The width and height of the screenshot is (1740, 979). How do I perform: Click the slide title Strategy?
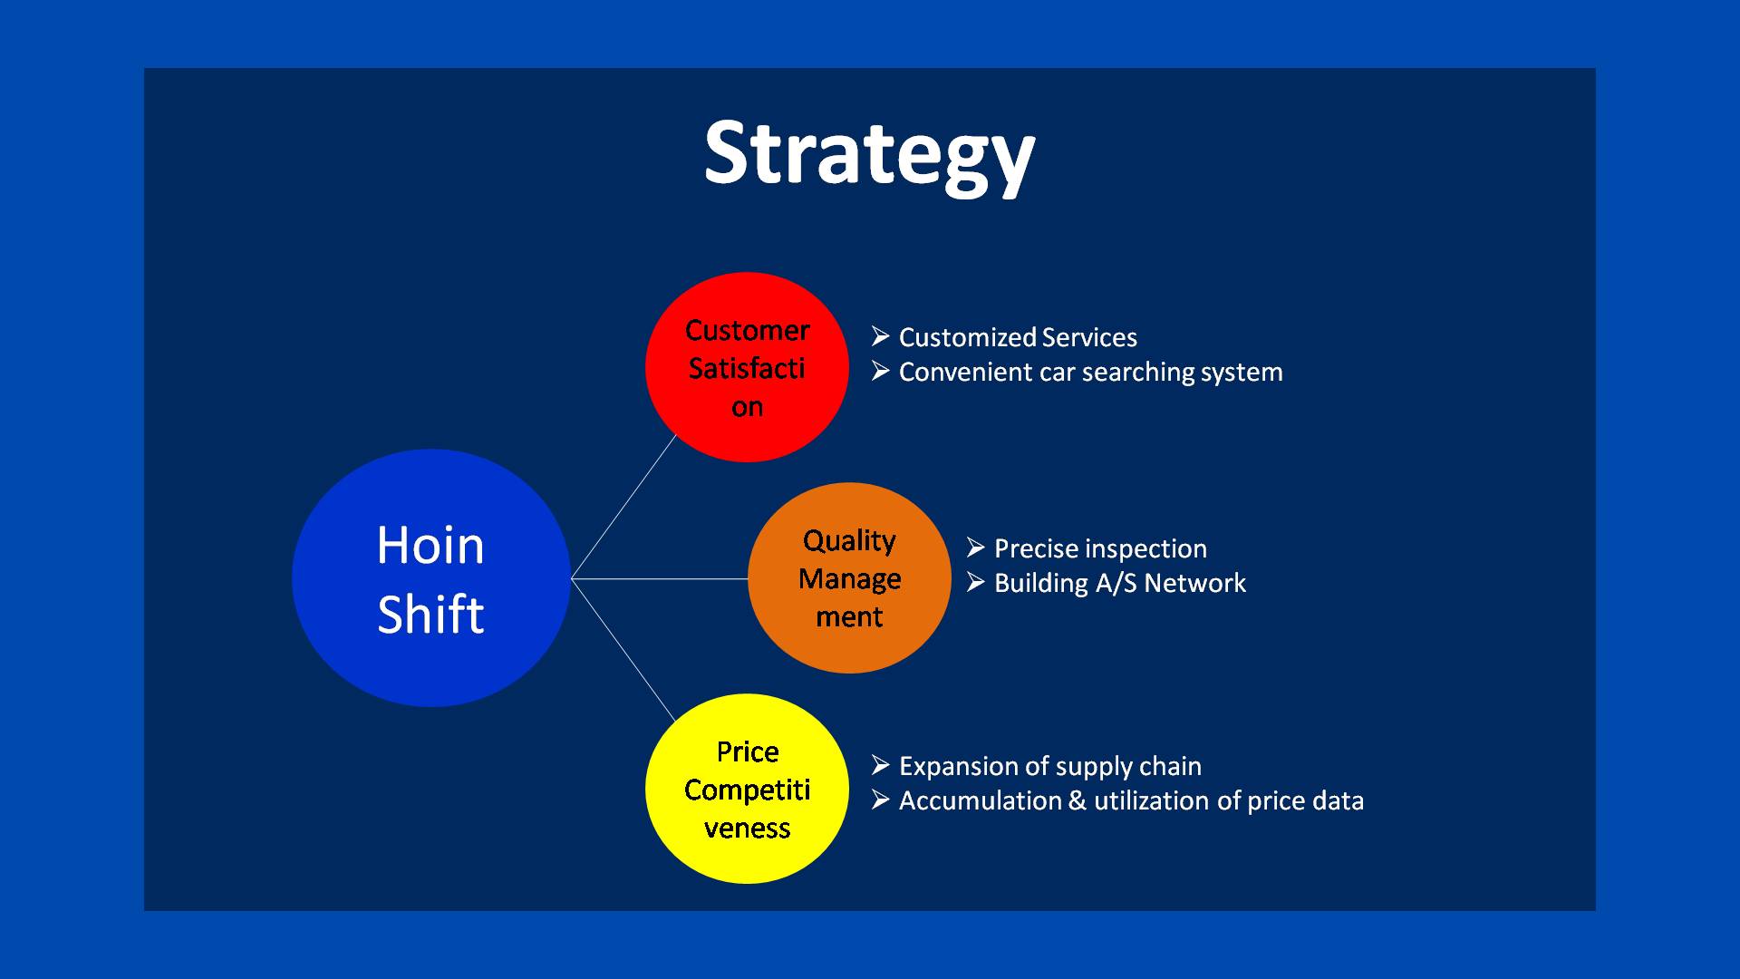(869, 155)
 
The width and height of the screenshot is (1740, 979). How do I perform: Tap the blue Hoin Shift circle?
(431, 578)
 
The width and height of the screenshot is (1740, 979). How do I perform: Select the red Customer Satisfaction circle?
(747, 367)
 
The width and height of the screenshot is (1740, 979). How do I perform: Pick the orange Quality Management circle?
(849, 578)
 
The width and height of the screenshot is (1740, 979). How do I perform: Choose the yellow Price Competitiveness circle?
(747, 789)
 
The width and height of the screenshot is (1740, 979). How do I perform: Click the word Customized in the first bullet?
(967, 338)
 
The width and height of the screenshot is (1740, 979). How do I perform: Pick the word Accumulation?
(981, 801)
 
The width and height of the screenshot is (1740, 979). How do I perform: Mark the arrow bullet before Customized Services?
(880, 336)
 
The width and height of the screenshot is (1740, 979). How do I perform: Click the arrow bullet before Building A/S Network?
(975, 582)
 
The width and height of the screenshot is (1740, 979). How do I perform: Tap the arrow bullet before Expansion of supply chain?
(880, 765)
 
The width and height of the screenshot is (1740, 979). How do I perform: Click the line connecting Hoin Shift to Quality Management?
(660, 578)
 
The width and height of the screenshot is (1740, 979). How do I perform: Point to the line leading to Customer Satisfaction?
(624, 506)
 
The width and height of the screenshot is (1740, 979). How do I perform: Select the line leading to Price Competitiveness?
(623, 650)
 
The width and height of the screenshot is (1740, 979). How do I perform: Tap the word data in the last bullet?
(1334, 801)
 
